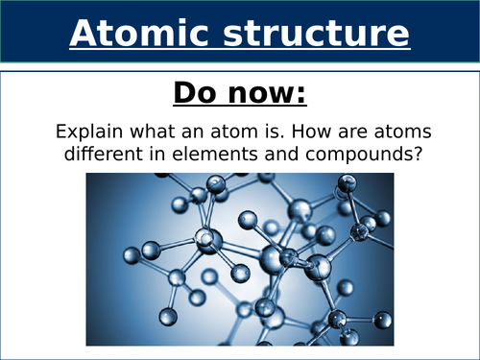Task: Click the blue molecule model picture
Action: click(240, 259)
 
